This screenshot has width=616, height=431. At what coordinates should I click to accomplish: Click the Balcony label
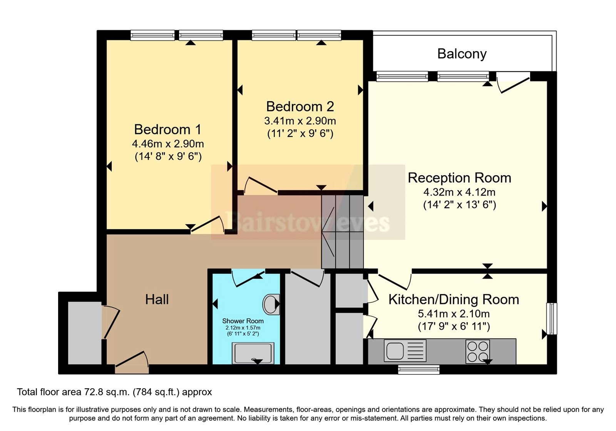[462, 54]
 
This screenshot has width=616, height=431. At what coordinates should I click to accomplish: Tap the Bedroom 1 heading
[167, 129]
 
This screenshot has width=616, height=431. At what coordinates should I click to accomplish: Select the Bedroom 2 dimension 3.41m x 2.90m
[300, 121]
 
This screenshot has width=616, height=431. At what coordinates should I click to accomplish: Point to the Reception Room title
[459, 178]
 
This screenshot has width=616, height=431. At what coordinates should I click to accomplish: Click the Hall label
[157, 299]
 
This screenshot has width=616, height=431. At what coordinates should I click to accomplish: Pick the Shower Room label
[243, 321]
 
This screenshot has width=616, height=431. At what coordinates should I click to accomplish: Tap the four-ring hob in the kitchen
[478, 352]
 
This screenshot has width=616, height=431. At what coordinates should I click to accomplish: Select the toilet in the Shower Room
[271, 304]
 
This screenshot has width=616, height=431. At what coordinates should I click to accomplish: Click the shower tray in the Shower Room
[253, 353]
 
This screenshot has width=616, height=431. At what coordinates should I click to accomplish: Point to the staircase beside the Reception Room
[342, 232]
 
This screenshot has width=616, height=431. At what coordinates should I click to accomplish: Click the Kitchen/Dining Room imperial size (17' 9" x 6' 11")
[454, 327]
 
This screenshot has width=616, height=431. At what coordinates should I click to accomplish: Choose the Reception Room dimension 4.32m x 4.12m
[459, 192]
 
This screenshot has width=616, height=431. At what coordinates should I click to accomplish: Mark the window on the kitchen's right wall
[552, 319]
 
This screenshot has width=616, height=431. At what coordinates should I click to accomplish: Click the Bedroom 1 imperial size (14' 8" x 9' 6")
[168, 157]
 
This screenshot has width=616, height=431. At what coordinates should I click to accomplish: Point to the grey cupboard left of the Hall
[85, 333]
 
